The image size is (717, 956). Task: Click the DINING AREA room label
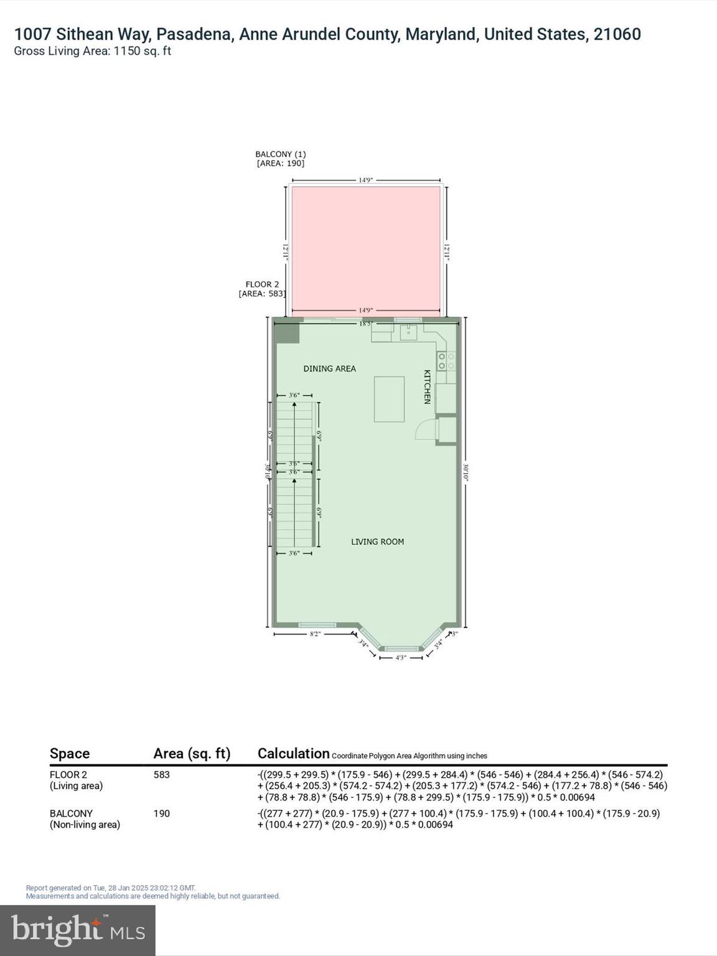[329, 368]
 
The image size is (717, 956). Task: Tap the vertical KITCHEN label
[428, 387]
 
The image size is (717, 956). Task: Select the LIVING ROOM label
[377, 541]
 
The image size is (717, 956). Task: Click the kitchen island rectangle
[389, 399]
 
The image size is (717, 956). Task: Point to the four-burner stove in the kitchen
[446, 361]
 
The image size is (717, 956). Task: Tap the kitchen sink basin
[408, 332]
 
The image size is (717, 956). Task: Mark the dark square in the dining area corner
[288, 331]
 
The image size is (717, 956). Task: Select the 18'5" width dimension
[365, 324]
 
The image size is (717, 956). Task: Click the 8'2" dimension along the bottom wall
[316, 634]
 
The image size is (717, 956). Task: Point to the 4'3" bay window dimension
[401, 657]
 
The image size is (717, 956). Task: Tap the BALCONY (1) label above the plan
[280, 154]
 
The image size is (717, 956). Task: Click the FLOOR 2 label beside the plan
[262, 284]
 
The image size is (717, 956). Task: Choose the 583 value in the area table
[161, 775]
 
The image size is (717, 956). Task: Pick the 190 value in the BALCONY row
[161, 813]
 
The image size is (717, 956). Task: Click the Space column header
[70, 754]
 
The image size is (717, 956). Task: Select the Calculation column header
[293, 754]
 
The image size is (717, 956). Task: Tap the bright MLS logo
[78, 930]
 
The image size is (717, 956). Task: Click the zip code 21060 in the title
[617, 34]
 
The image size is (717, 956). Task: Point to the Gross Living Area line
[92, 51]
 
